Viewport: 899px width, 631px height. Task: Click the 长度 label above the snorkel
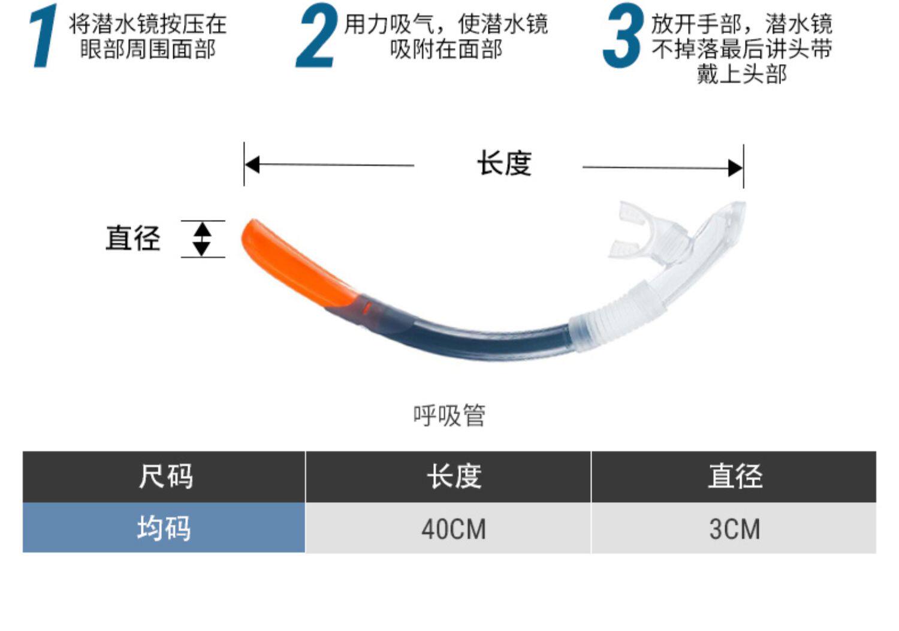(504, 164)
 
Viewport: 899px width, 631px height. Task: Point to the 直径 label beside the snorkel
(133, 238)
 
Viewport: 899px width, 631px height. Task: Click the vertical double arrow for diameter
(202, 238)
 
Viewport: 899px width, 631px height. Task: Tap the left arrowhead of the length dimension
(252, 164)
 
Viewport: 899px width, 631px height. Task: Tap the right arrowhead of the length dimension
(735, 168)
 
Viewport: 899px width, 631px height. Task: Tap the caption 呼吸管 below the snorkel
(449, 415)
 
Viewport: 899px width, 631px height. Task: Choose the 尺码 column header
(165, 477)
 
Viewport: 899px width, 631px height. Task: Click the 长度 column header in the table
(454, 477)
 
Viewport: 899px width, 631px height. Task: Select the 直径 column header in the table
(735, 477)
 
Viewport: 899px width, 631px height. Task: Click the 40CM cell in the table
(454, 529)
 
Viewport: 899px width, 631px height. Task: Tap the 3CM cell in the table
(735, 529)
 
